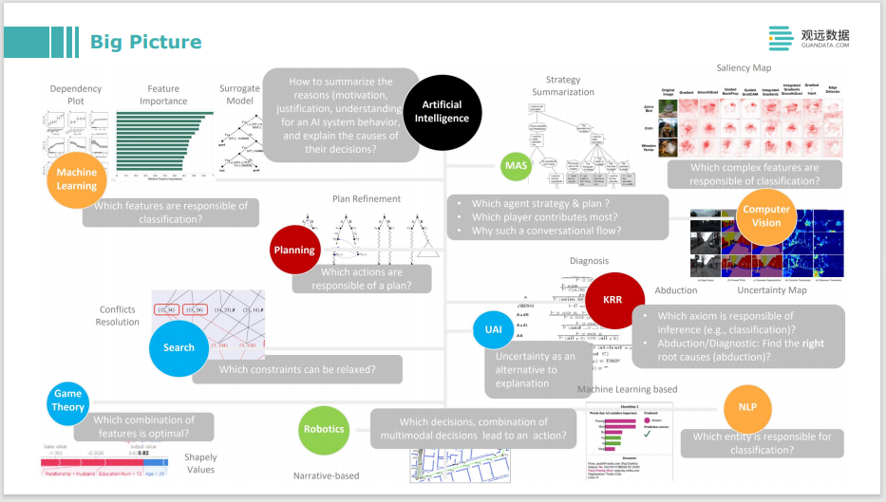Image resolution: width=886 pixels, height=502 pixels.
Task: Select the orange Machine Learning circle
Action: (x=77, y=179)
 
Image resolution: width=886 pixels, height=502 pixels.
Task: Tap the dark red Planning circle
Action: (x=294, y=251)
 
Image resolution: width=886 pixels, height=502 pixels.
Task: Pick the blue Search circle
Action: (x=179, y=347)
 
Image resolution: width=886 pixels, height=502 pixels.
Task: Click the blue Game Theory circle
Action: (x=68, y=400)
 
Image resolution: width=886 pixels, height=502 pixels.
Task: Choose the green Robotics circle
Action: (x=324, y=429)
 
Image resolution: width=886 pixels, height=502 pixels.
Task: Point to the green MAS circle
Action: (x=516, y=166)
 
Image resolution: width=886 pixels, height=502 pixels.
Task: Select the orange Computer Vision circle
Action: (x=766, y=215)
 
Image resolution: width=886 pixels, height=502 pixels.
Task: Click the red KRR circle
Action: (x=613, y=299)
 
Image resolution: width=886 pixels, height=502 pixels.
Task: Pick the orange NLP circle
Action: (x=747, y=406)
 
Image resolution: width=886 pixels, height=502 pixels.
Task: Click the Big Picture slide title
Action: (x=145, y=42)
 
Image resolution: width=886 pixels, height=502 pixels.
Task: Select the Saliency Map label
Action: (x=744, y=68)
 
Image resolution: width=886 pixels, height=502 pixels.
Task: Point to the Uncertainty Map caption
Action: (x=771, y=290)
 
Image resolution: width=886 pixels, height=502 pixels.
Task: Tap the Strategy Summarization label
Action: (x=570, y=86)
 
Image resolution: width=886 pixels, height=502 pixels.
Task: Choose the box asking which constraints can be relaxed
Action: (x=296, y=369)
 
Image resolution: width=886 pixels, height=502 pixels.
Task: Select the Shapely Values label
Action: (x=200, y=463)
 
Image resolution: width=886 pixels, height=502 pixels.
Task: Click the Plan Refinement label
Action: (x=367, y=198)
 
